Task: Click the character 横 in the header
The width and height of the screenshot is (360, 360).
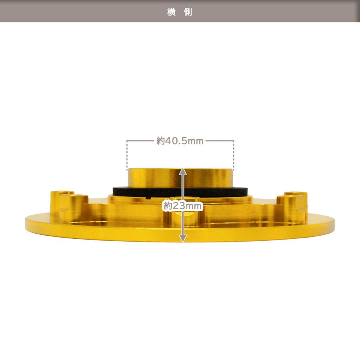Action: [x=172, y=12]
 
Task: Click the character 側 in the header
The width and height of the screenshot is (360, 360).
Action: [x=188, y=12]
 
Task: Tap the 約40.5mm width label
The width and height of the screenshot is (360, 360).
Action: [x=180, y=141]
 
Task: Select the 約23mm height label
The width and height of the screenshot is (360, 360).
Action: [x=182, y=206]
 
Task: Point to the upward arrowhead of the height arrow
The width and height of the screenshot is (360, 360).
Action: [x=182, y=172]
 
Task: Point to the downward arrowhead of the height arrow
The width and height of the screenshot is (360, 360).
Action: [x=182, y=239]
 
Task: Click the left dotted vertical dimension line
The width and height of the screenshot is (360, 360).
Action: [x=127, y=156]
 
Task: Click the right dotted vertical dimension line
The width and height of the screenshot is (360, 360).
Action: [x=234, y=156]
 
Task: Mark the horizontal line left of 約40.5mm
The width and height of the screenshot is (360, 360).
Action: [x=140, y=140]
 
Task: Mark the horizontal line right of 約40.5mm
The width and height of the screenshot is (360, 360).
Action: [x=220, y=140]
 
